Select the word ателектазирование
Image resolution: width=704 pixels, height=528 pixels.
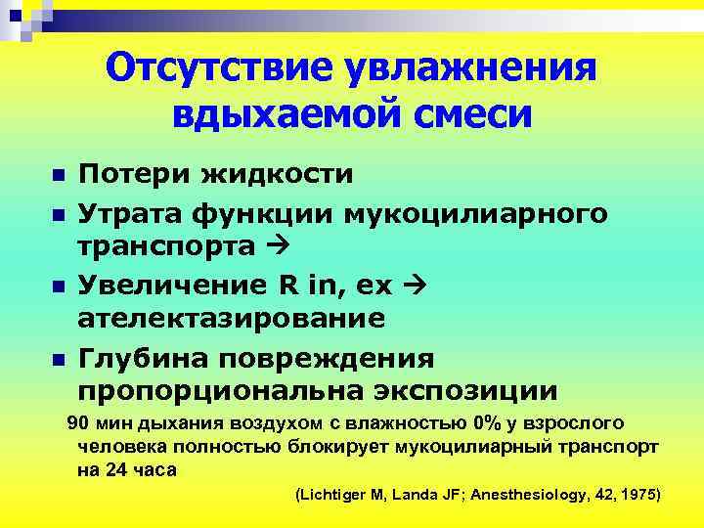point(231,320)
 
